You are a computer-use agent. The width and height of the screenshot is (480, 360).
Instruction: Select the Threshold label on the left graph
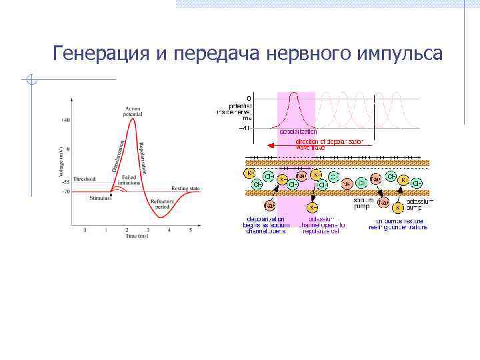pos(85,179)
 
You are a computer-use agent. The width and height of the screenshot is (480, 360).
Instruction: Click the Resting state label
pos(185,188)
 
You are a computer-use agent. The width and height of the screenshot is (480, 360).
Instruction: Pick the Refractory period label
pos(162,204)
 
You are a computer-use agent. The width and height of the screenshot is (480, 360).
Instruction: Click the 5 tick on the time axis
pos(190,230)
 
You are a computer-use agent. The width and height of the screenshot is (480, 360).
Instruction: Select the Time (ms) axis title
pos(137,237)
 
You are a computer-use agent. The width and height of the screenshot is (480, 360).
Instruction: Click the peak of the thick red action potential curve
pos(134,119)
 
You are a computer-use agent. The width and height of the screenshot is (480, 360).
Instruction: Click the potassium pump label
pos(421,203)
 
